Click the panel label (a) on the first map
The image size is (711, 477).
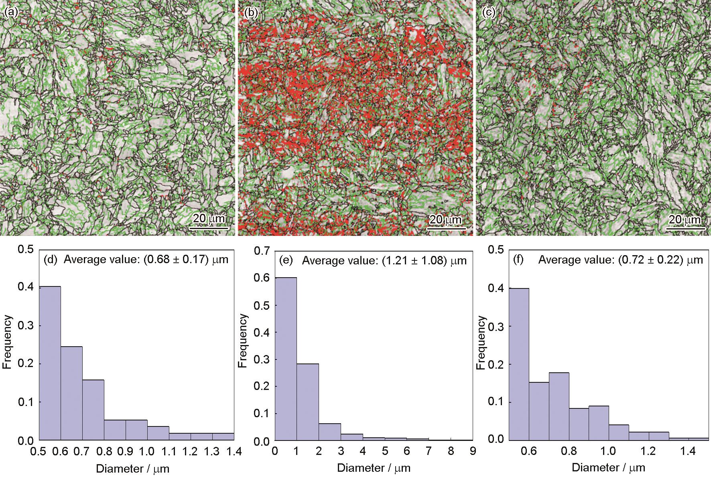pyautogui.click(x=11, y=13)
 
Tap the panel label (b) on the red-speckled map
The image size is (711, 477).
pyautogui.click(x=250, y=13)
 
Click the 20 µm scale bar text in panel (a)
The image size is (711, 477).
pyautogui.click(x=209, y=219)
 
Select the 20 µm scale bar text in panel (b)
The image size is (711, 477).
pyautogui.click(x=446, y=219)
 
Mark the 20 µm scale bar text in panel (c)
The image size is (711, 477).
pyautogui.click(x=685, y=219)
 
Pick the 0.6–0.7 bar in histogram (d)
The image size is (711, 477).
pyautogui.click(x=71, y=393)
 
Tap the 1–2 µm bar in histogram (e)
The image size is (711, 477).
pyautogui.click(x=308, y=402)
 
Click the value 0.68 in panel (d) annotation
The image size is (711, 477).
pyautogui.click(x=158, y=260)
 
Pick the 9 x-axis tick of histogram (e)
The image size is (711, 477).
pyautogui.click(x=473, y=451)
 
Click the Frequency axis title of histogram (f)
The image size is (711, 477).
pyautogui.click(x=480, y=343)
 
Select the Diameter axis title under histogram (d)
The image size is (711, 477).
pyautogui.click(x=132, y=468)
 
